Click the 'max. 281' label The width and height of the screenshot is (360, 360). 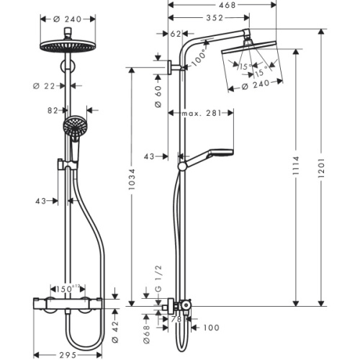pos(202,112)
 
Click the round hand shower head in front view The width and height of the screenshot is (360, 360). pos(72,127)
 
